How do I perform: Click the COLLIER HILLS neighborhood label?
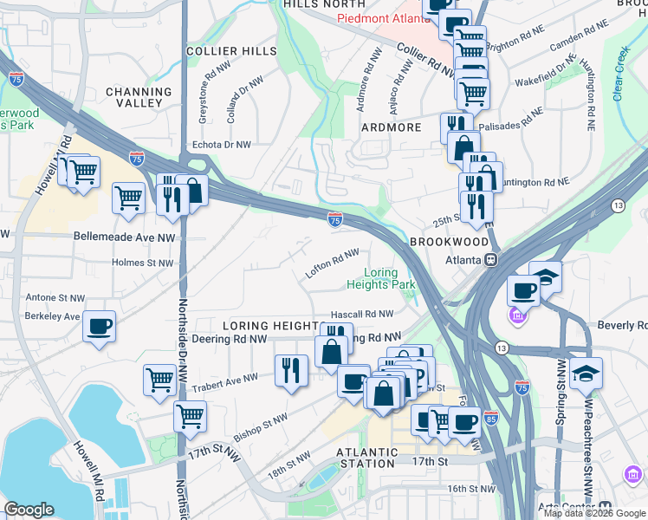pyautogui.click(x=231, y=52)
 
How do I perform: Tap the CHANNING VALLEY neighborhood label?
pyautogui.click(x=139, y=97)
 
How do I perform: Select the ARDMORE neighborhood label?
pyautogui.click(x=390, y=127)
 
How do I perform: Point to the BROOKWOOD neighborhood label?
pyautogui.click(x=449, y=242)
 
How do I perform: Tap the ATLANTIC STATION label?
pyautogui.click(x=368, y=457)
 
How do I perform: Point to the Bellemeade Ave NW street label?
pyautogui.click(x=124, y=236)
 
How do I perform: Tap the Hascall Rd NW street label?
pyautogui.click(x=362, y=314)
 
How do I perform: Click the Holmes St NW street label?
pyautogui.click(x=143, y=263)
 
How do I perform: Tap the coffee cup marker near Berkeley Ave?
pyautogui.click(x=99, y=327)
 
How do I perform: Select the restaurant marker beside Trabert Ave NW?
pyautogui.click(x=291, y=370)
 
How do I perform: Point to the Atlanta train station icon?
pyautogui.click(x=491, y=258)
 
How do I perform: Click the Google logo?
pyautogui.click(x=29, y=510)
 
